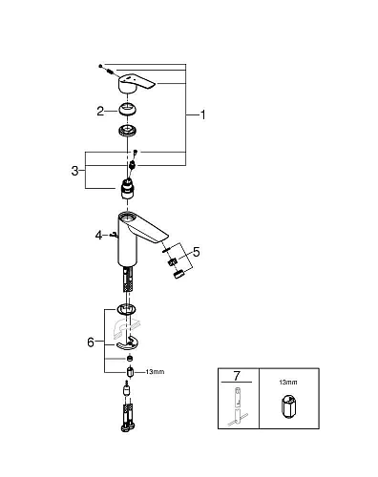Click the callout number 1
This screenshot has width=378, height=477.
pyautogui.click(x=202, y=114)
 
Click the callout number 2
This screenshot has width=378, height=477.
pyautogui.click(x=99, y=111)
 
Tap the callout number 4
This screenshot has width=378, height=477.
pyautogui.click(x=98, y=233)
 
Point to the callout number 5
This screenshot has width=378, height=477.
pyautogui.click(x=198, y=253)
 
